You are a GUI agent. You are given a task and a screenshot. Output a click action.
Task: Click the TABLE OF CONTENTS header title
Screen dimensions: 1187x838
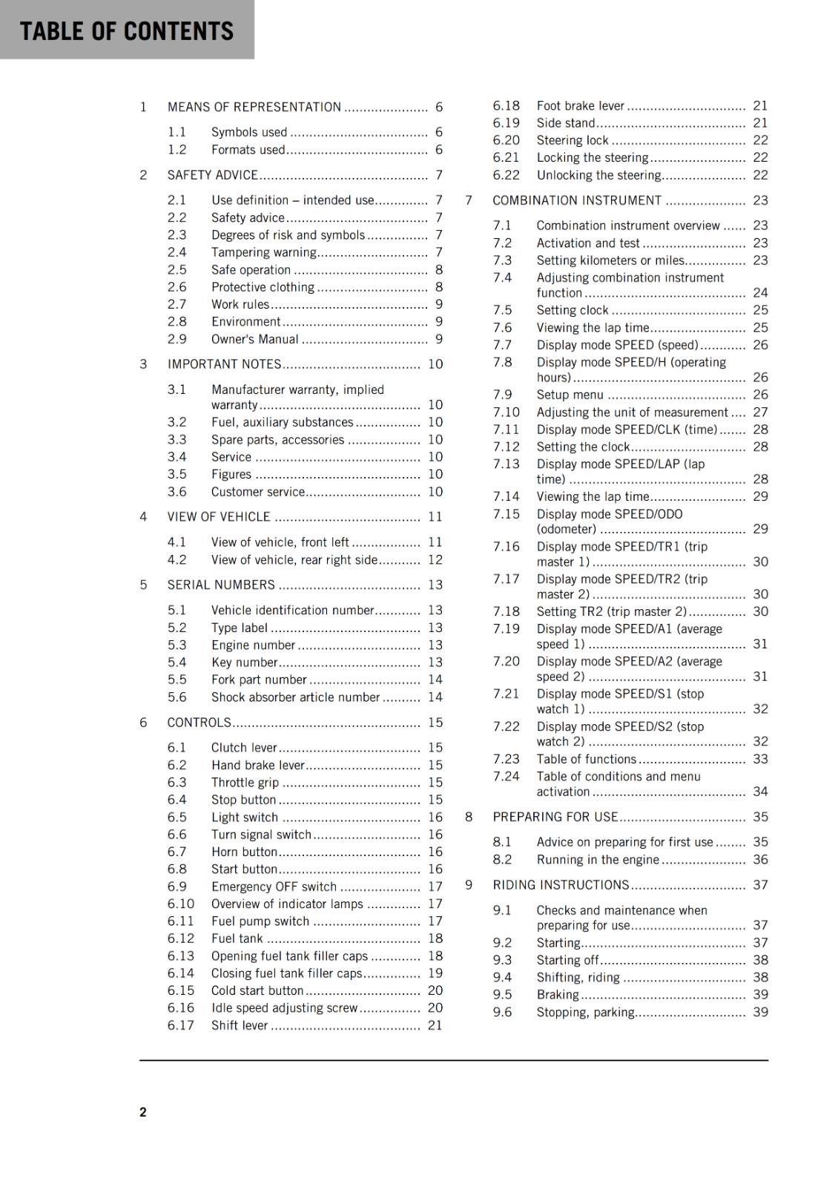127,31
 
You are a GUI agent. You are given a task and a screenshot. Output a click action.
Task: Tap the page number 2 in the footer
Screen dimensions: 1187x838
143,1111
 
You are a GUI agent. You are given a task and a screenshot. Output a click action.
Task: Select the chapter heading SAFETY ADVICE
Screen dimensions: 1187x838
213,175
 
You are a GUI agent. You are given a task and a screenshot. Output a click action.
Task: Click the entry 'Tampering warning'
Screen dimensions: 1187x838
263,252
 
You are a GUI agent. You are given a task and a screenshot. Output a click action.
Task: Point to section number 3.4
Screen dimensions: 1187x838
176,457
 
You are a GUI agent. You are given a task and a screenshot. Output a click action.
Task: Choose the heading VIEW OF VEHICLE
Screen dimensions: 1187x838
219,516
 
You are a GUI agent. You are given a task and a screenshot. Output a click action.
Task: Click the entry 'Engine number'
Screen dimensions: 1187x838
253,645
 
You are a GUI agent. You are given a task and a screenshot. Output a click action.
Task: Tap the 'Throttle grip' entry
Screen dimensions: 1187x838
245,783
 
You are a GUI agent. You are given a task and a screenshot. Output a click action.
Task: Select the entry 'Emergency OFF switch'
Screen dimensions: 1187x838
274,887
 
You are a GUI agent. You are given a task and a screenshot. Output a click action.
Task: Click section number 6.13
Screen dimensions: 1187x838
180,956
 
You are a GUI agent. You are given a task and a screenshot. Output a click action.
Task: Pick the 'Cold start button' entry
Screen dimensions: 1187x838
257,990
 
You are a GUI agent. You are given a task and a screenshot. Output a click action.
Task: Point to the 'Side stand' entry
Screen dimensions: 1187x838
566,123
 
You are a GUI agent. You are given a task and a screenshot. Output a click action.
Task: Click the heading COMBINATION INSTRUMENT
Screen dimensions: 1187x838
577,200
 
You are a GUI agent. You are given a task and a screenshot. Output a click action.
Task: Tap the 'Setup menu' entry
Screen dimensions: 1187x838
570,395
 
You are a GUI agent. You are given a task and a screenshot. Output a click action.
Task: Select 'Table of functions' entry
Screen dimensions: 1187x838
586,759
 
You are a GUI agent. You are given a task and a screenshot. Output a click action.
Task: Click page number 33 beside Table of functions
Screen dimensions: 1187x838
760,759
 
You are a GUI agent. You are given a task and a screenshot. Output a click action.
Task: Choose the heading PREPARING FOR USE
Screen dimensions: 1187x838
555,817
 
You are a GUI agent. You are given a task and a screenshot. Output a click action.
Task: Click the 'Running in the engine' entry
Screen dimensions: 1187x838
598,860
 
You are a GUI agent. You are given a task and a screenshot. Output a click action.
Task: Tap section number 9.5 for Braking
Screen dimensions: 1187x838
502,995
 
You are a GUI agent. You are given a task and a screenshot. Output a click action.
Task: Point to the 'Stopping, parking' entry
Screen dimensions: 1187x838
585,1012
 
